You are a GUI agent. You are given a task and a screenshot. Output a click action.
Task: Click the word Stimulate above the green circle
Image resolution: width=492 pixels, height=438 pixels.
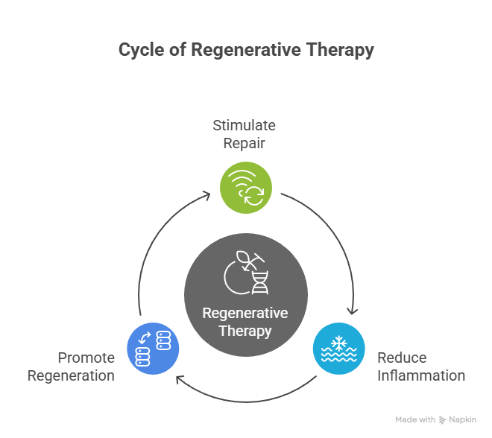[244, 125]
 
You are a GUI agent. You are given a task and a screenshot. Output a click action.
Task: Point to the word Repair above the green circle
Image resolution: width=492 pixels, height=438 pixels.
[244, 142]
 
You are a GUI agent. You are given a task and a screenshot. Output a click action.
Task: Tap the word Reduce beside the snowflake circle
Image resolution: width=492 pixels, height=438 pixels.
[402, 358]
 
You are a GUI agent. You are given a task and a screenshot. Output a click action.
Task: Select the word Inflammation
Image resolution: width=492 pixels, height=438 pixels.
[420, 375]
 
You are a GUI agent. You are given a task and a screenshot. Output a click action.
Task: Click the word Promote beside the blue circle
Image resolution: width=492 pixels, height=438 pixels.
[86, 358]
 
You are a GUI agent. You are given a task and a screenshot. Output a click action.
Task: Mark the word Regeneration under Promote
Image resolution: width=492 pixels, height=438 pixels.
[71, 375]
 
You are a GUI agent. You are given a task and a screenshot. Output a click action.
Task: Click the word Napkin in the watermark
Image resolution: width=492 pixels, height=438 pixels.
[463, 420]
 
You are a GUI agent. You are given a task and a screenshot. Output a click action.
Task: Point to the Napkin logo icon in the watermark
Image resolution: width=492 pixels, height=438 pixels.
[443, 420]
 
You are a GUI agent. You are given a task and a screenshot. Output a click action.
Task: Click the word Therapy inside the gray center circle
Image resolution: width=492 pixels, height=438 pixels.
[245, 331]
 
